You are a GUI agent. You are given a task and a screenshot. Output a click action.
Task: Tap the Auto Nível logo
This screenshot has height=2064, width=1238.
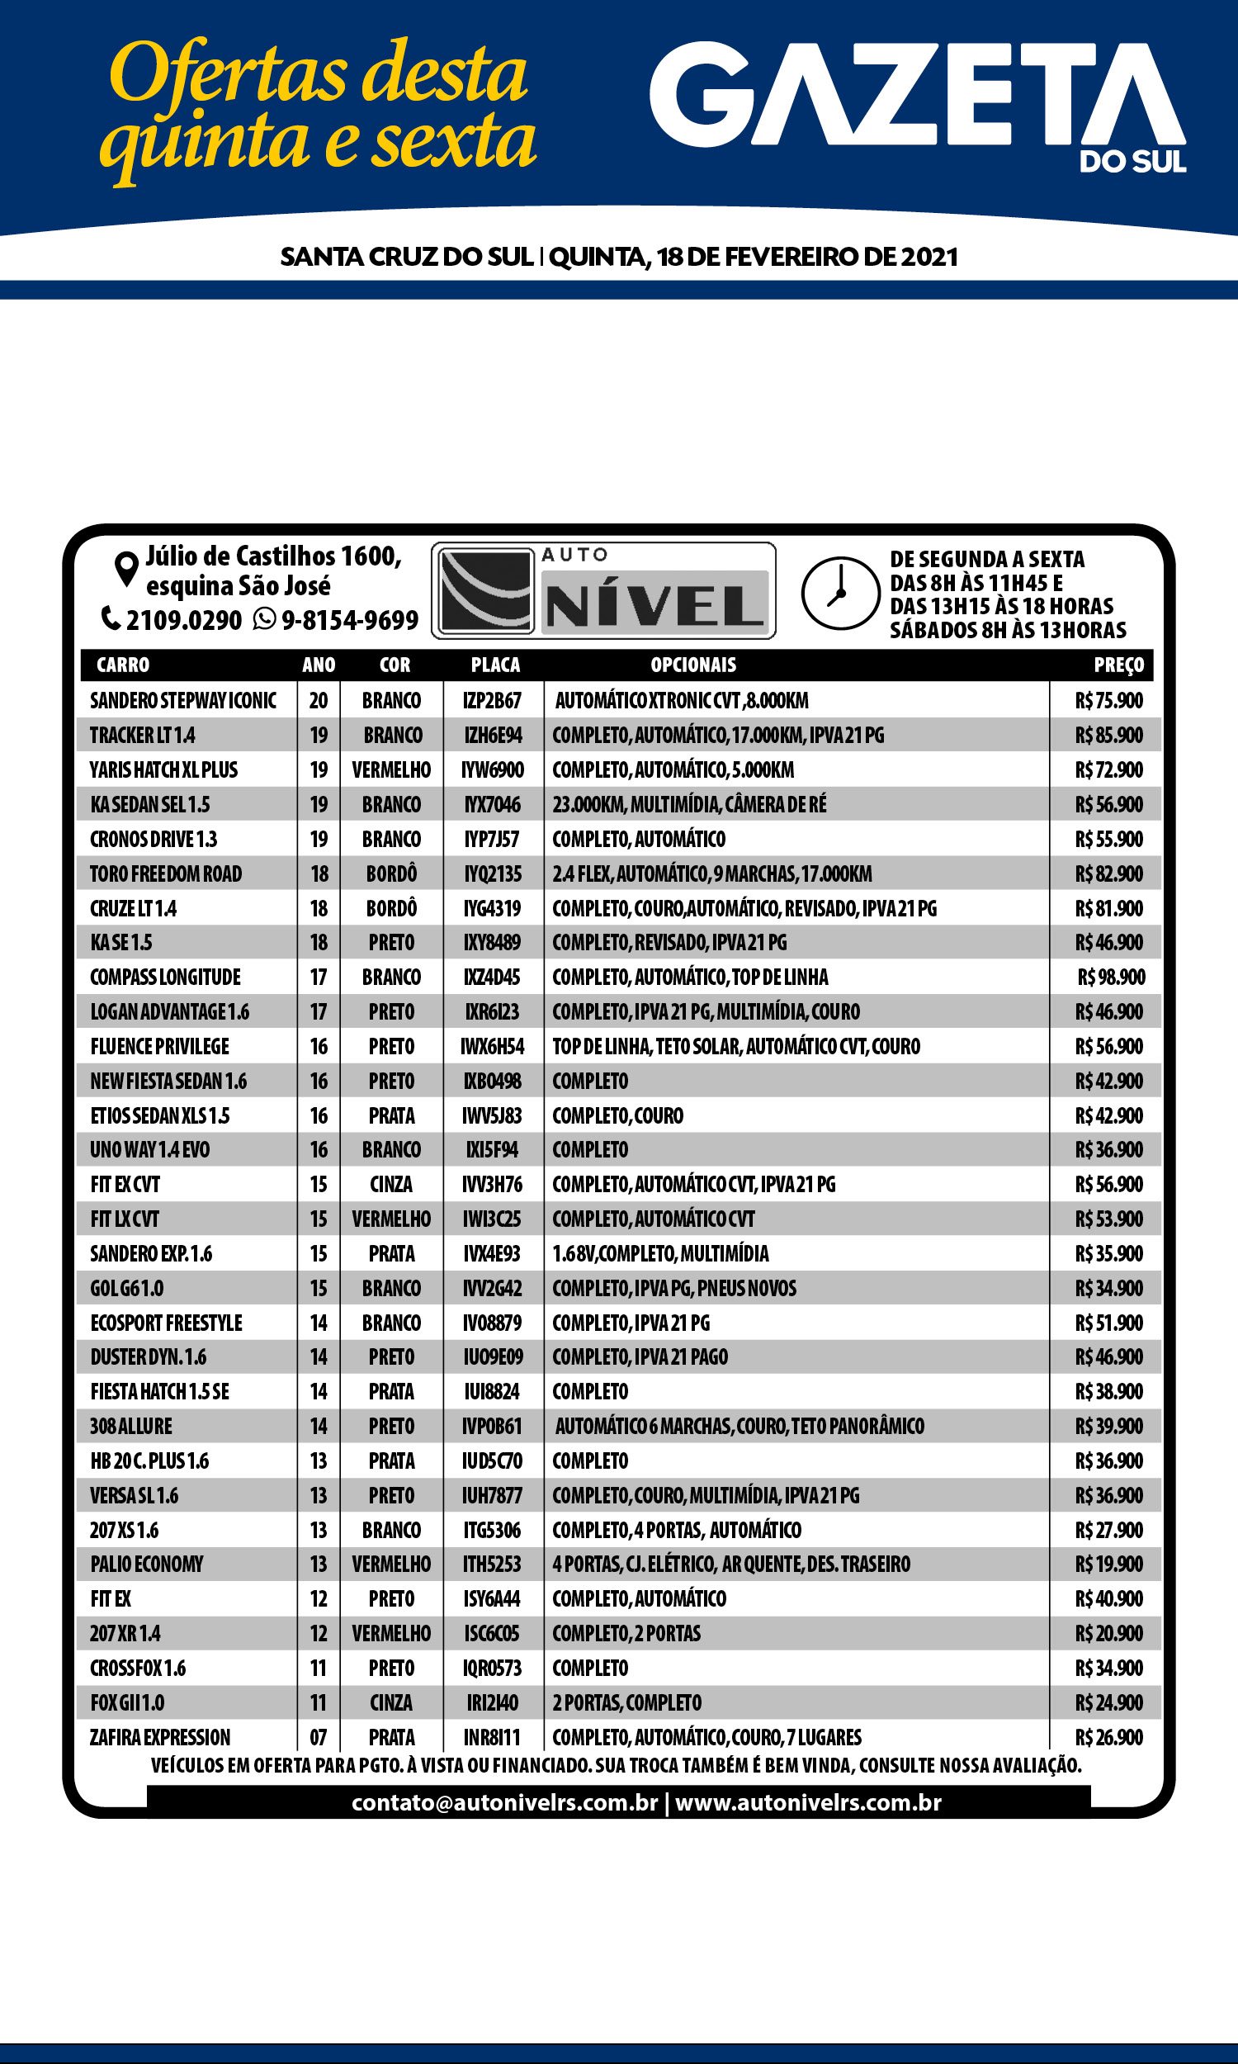click(x=603, y=590)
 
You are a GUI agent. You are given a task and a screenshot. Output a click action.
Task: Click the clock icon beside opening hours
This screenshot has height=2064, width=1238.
click(x=840, y=592)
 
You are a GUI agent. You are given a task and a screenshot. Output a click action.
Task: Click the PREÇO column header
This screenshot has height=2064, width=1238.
click(x=1118, y=665)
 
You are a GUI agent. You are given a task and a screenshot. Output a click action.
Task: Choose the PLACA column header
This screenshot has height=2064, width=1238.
click(x=494, y=665)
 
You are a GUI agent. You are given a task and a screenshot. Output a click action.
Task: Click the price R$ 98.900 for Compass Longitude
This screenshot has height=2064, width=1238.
click(x=1111, y=977)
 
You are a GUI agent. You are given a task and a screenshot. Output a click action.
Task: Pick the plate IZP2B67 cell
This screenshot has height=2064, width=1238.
click(x=492, y=701)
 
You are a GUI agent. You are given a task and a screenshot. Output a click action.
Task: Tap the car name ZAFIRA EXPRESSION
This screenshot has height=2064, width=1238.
click(x=160, y=1737)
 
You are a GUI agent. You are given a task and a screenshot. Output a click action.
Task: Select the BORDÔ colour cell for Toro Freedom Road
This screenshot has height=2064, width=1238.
click(x=391, y=873)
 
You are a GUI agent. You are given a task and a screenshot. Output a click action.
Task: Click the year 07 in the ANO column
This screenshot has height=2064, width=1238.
click(x=319, y=1737)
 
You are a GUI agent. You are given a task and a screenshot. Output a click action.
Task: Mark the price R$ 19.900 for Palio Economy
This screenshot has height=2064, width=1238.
click(x=1108, y=1564)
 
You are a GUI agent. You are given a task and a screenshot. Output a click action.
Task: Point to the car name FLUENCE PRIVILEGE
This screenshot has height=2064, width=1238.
click(x=159, y=1046)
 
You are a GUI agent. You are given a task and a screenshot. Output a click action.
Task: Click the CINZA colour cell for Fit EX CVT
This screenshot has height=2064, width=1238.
click(x=391, y=1185)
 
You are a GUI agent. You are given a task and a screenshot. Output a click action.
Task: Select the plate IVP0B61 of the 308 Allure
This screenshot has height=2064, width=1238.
click(x=492, y=1426)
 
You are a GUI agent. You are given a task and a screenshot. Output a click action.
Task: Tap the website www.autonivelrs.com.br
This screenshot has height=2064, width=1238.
click(x=808, y=1802)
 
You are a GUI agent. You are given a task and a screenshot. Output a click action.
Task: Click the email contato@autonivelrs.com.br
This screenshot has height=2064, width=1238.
click(x=505, y=1802)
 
